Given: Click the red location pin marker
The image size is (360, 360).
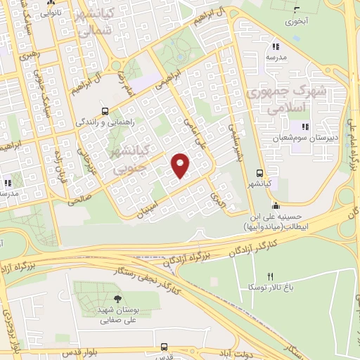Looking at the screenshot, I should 181,165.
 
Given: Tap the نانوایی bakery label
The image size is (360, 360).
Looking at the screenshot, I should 49,12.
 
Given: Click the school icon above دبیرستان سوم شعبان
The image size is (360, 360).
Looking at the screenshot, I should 304,127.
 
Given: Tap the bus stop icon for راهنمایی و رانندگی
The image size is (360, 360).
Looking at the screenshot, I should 105,110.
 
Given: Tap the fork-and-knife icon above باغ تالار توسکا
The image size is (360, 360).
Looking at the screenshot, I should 269,276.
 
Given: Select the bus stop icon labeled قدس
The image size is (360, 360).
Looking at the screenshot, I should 165,347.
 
